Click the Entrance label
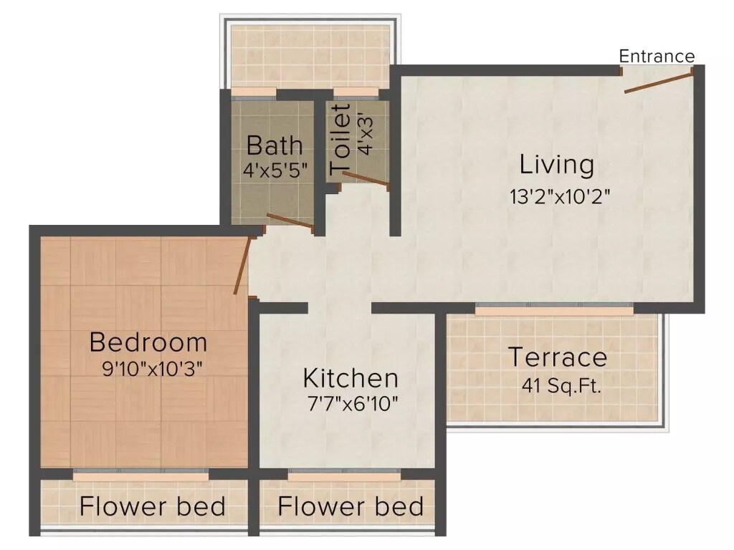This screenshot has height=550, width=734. point(657,57)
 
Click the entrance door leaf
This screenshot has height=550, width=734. point(658,81)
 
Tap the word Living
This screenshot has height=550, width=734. point(557,165)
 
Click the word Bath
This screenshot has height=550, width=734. point(275,145)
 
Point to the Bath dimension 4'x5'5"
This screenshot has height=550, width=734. point(275,170)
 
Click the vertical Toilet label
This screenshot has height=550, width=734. point(341,139)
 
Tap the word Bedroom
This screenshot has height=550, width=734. point(148,342)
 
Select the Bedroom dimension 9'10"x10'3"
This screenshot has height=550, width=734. point(153,369)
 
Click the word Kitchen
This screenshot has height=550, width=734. point(351,377)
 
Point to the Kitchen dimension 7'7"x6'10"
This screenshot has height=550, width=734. point(353,403)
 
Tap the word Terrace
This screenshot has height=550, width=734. point(558,357)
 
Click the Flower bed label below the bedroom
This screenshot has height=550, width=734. point(153,506)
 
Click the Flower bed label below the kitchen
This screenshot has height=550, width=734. point(351,506)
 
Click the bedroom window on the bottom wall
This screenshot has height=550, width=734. point(141,475)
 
